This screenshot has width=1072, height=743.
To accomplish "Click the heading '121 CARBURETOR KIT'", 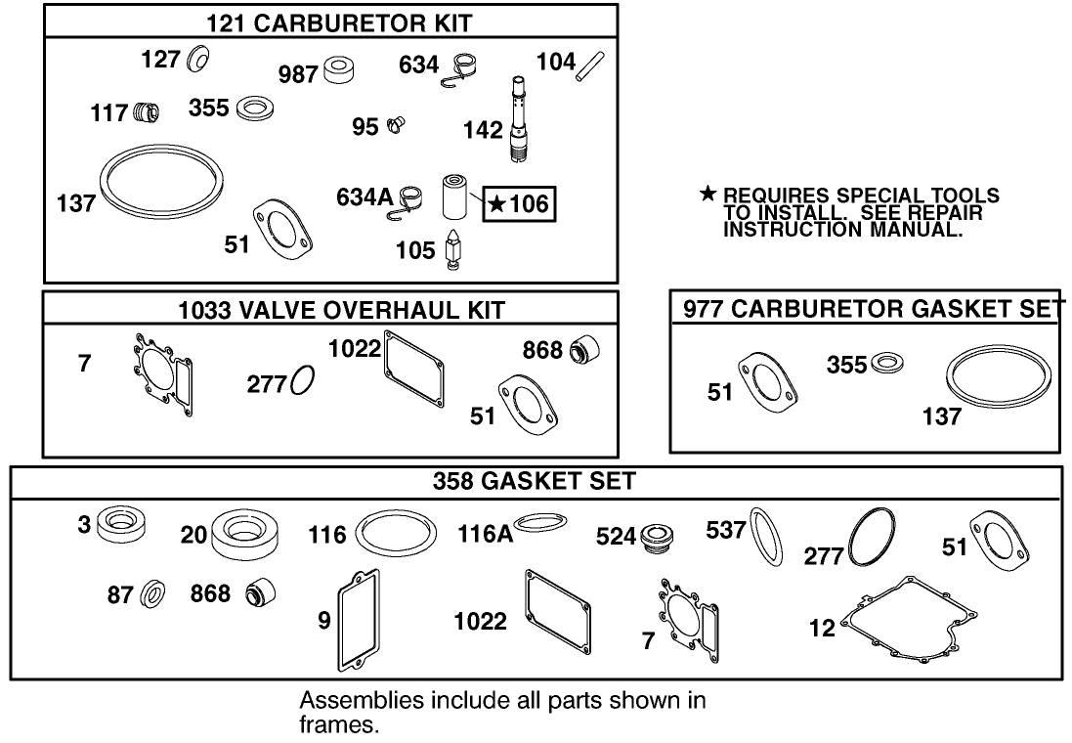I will click(x=330, y=22).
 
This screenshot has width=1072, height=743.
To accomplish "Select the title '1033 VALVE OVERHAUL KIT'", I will click(x=329, y=311).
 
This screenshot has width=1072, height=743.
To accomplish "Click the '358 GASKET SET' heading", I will click(x=536, y=481).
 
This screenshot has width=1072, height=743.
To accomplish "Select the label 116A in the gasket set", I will click(x=485, y=534).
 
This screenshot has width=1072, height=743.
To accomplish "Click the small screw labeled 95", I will click(x=397, y=125).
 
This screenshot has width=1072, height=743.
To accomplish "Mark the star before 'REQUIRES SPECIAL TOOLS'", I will click(x=708, y=196).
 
